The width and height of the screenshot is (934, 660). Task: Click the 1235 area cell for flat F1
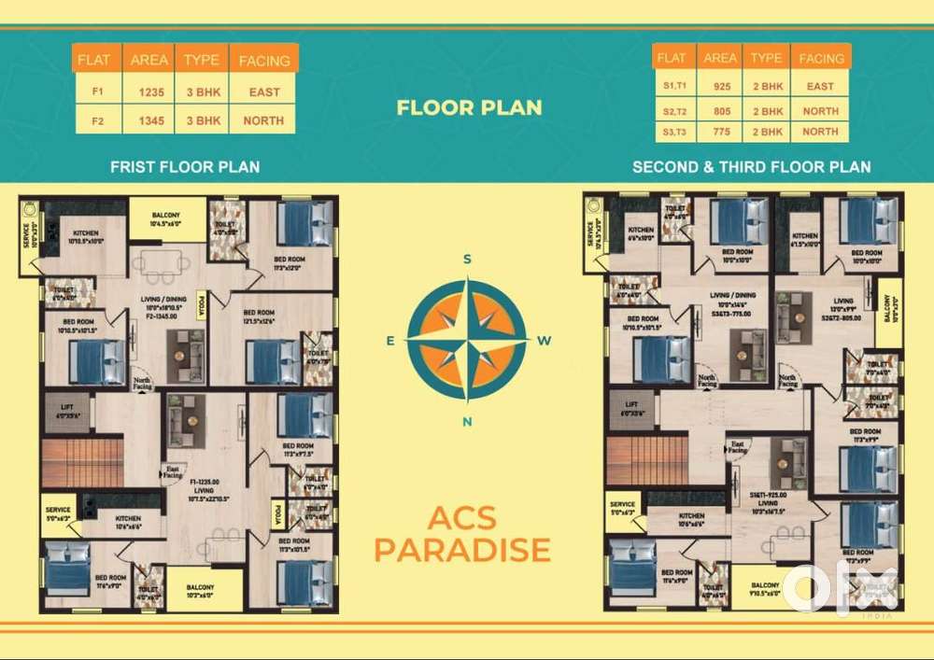coord(149,92)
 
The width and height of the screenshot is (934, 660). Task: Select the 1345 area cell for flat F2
coord(149,120)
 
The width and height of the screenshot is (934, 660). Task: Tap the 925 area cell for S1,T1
coord(719,87)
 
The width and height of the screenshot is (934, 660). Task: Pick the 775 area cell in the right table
coord(719,132)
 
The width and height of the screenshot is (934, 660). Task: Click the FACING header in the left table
coord(264,61)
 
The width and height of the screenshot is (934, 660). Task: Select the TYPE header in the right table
coord(766,58)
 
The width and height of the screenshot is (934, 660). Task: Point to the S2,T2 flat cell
coord(672,111)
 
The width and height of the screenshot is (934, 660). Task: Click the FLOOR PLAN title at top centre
coord(469,107)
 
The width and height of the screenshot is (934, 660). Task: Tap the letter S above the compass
coord(467,259)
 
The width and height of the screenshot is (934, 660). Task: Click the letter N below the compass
coord(467,421)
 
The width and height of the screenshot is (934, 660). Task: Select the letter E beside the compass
coord(389,341)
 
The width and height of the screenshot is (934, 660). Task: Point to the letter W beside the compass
coord(545,341)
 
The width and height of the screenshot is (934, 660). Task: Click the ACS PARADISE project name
coord(461,534)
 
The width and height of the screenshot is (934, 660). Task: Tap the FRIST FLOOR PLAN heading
coord(185,167)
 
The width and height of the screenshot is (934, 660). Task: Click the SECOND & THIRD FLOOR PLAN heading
coord(751,167)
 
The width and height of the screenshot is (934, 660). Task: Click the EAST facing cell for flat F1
coord(264,92)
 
